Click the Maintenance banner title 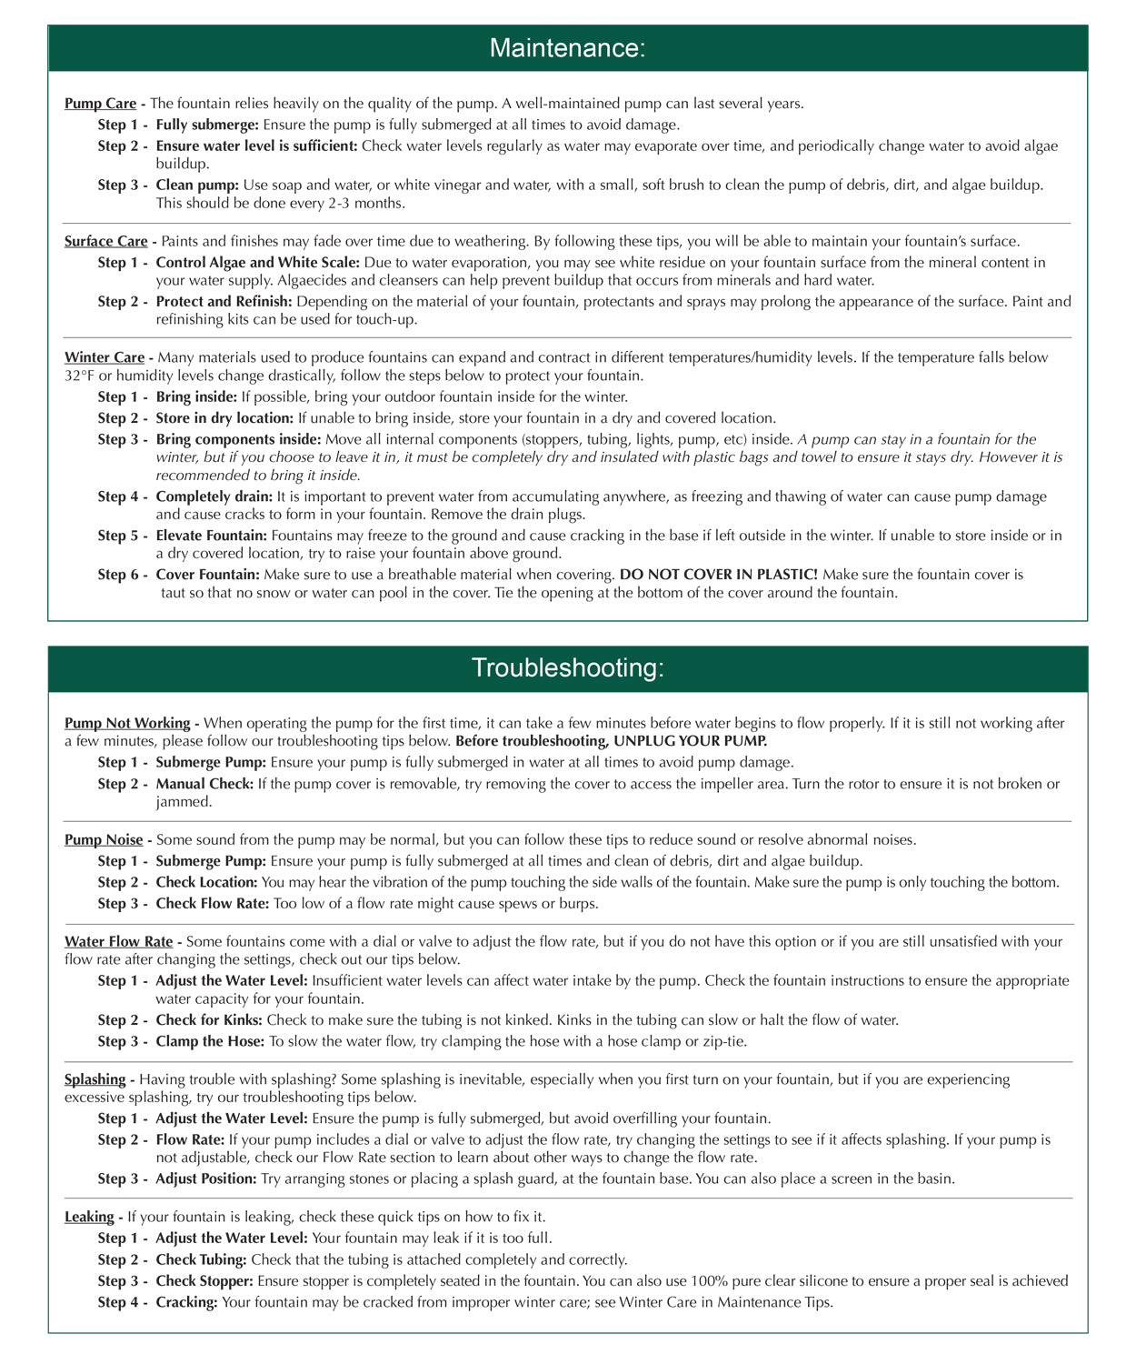click(x=567, y=48)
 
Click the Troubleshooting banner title click(x=567, y=668)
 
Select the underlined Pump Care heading click(x=100, y=104)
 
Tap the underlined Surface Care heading click(x=105, y=242)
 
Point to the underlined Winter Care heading click(x=104, y=358)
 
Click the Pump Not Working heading click(x=126, y=724)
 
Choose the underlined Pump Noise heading click(x=104, y=840)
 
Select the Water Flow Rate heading click(x=118, y=942)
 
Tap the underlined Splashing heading click(x=95, y=1080)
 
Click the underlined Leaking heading click(x=89, y=1218)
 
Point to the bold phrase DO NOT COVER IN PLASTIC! click(x=719, y=575)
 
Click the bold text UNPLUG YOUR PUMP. click(x=691, y=741)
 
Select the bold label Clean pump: click(x=197, y=186)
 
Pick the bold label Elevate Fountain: click(x=211, y=536)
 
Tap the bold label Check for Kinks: click(x=208, y=1020)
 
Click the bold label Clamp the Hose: click(x=209, y=1042)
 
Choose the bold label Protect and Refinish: click(x=224, y=302)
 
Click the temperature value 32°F click(x=80, y=376)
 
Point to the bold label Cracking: click(x=186, y=1303)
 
